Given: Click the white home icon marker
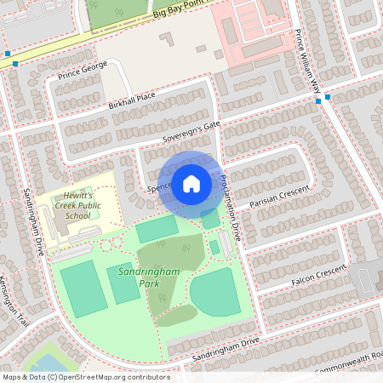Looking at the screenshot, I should point(191,183).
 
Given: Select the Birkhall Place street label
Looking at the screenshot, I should point(132,100).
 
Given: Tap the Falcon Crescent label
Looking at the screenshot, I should point(320,273).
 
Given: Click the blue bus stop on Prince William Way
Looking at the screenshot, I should point(317,101).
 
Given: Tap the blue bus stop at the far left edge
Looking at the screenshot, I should point(7,54).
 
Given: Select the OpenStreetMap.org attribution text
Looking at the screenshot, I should point(85,376).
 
